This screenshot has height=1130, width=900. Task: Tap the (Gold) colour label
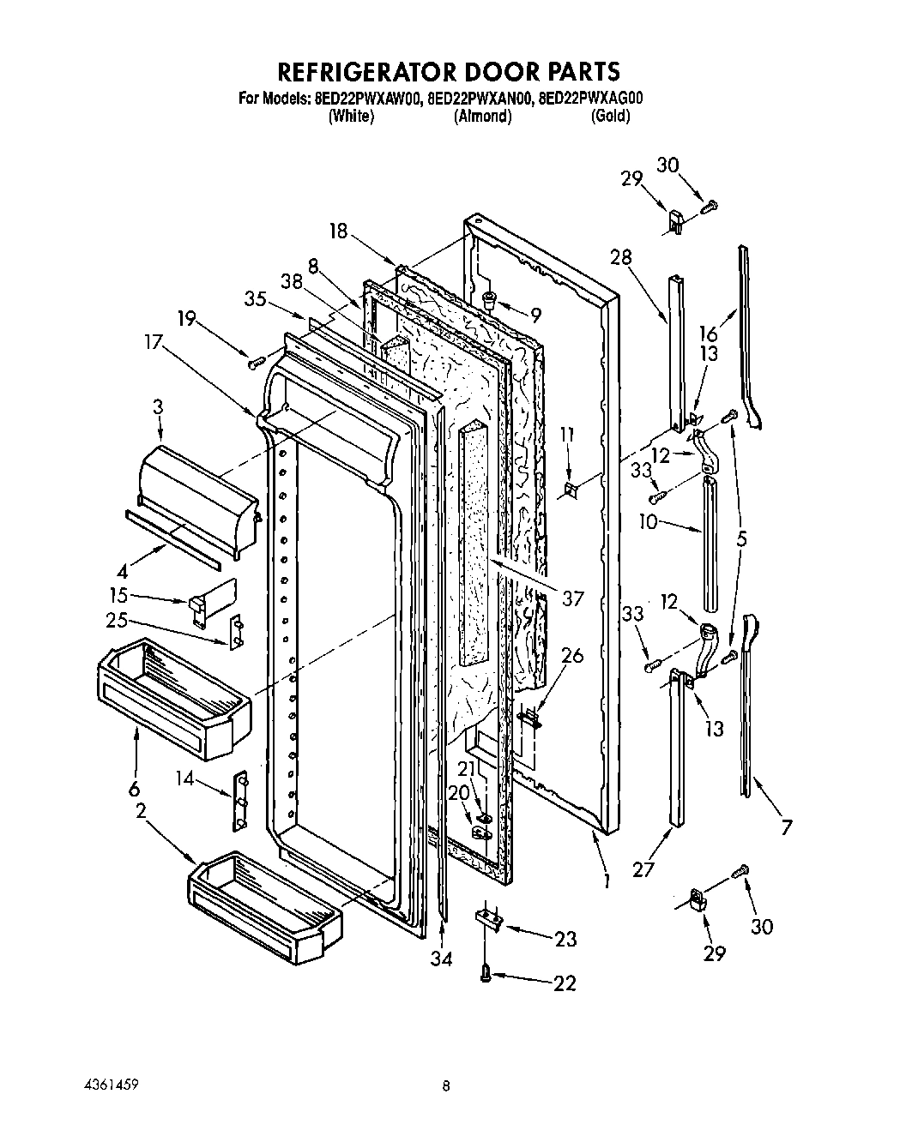coord(610,116)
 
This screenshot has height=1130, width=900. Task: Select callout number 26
coord(571,656)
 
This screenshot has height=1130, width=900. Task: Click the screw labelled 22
coord(486,971)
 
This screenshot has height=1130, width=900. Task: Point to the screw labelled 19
coord(253,364)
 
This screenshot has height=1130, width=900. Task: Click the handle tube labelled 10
coord(710,544)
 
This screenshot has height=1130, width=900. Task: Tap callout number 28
coord(621,256)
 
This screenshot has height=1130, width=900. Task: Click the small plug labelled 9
coord(491,299)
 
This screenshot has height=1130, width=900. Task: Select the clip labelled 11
coord(571,490)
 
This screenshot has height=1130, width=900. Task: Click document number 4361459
coord(102,1085)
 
